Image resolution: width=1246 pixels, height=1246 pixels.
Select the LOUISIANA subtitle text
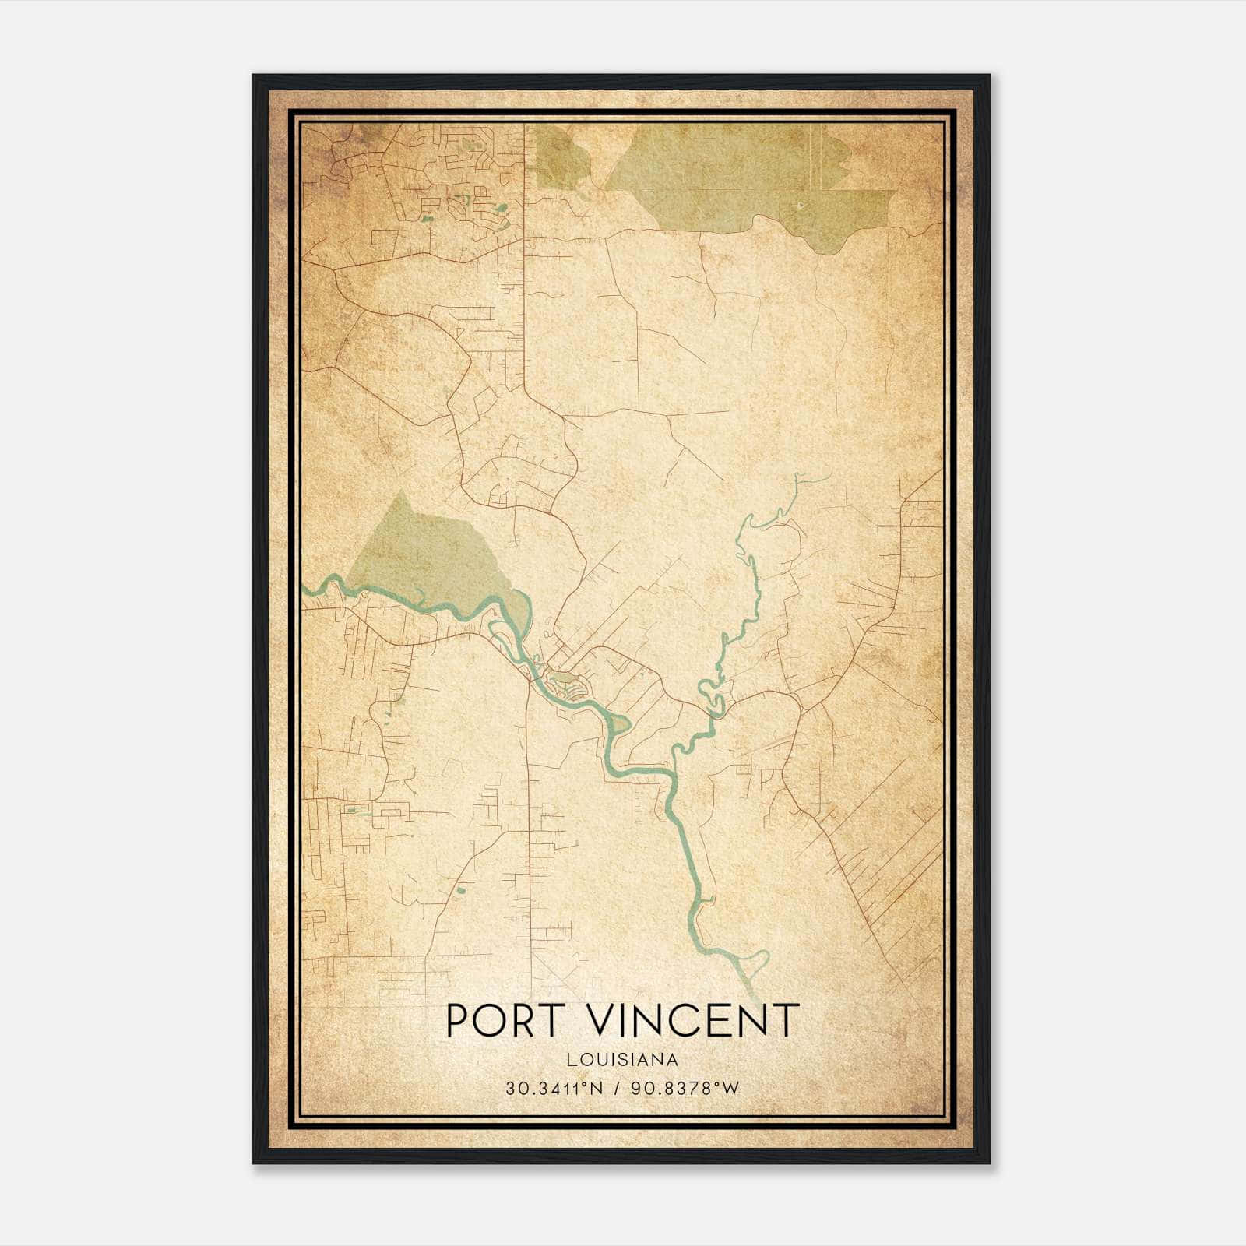click(x=622, y=1060)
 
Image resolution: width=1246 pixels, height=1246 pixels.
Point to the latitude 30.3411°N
click(x=554, y=1089)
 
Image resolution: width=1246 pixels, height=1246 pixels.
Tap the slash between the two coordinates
click(x=617, y=1089)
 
